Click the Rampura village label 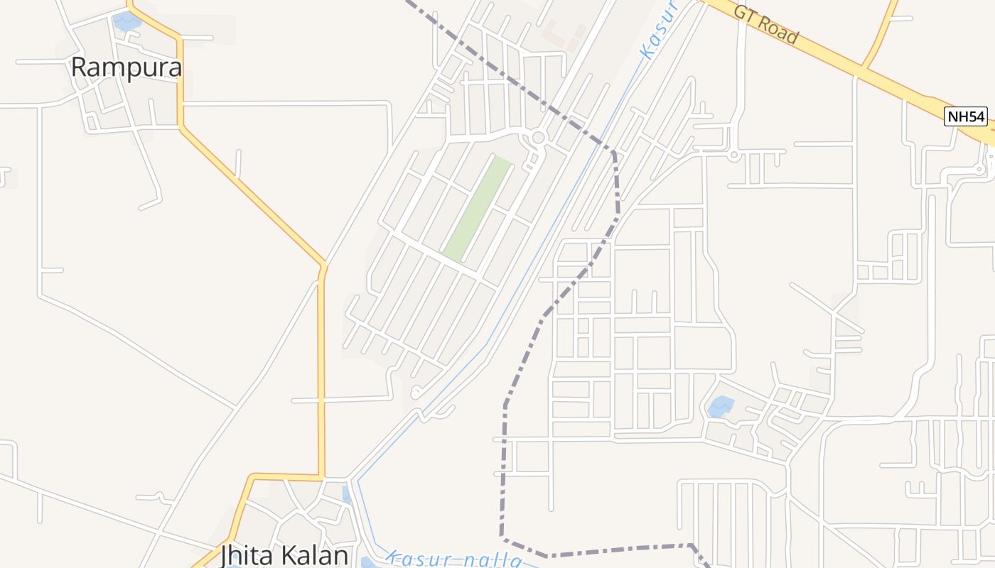127,67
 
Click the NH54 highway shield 966,116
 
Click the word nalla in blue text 491,561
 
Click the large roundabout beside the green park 538,137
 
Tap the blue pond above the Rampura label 127,22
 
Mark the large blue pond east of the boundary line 721,406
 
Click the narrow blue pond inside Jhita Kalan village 346,493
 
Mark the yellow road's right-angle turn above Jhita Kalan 322,476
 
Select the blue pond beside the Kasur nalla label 367,563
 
